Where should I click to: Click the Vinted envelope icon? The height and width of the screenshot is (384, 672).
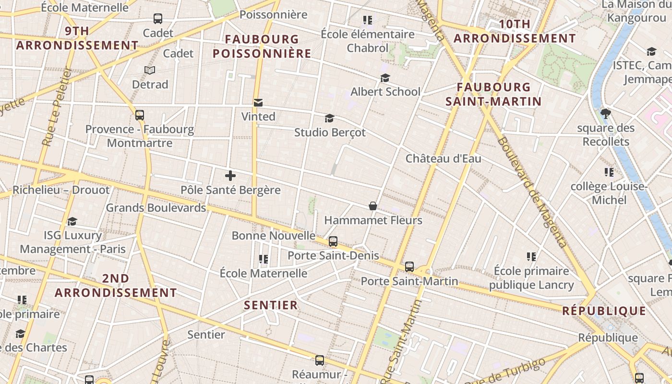[258, 102]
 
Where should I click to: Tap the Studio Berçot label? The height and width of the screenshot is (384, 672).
[330, 132]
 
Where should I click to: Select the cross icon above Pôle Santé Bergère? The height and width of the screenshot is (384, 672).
[230, 176]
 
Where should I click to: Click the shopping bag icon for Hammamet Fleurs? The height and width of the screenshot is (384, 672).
[372, 206]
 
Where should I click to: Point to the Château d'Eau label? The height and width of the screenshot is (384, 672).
[443, 158]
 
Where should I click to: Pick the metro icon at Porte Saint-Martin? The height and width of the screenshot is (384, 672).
[409, 266]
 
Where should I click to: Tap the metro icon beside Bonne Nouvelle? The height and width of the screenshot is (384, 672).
[333, 241]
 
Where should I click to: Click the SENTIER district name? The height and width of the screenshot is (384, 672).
[271, 305]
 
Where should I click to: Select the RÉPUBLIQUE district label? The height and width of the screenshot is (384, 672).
[604, 311]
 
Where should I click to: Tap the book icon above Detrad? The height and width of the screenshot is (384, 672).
[150, 70]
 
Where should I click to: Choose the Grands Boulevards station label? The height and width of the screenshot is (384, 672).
[156, 208]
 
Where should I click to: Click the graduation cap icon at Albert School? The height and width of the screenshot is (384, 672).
[385, 78]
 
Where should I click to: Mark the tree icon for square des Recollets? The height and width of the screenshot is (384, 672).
[605, 114]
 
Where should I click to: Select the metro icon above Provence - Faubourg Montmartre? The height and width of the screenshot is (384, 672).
[140, 115]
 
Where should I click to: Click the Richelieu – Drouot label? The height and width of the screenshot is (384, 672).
[61, 190]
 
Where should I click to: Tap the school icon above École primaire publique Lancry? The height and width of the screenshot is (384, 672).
[531, 257]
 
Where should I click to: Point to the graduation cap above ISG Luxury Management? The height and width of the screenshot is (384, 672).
[72, 221]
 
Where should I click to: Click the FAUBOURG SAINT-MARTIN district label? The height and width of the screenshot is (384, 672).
[493, 94]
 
